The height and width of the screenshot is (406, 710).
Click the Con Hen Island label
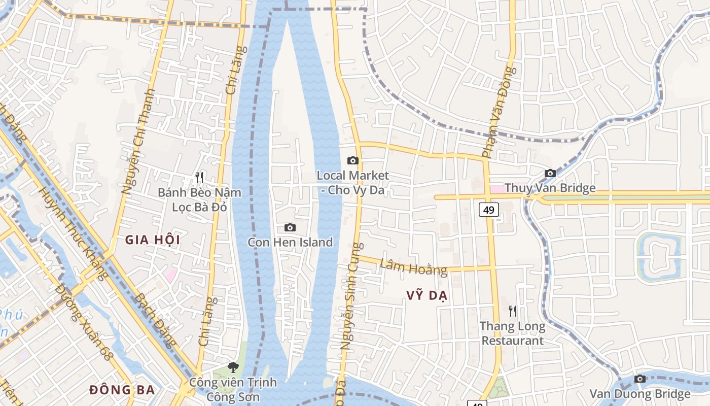tap(290, 242)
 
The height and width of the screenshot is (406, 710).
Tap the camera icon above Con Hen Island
tap(290, 227)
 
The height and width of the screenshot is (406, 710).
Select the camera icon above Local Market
tap(352, 161)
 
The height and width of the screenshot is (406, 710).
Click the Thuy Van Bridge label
tap(550, 188)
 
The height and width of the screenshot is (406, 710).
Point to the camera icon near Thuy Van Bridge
tap(550, 174)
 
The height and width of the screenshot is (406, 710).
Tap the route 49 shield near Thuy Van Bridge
tap(488, 209)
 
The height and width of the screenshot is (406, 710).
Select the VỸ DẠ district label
tap(427, 296)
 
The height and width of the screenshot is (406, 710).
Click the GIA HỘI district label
tap(153, 240)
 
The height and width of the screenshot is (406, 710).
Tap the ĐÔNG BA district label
tap(122, 390)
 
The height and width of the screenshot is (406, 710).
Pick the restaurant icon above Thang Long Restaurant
tap(513, 311)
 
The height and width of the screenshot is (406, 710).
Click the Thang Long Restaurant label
tap(513, 333)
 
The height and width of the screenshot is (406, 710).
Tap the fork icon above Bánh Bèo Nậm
tap(199, 178)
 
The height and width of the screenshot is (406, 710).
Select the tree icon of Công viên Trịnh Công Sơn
tap(233, 367)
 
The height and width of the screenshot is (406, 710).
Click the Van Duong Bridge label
tap(640, 394)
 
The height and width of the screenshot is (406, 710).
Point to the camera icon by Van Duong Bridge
tap(640, 379)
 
